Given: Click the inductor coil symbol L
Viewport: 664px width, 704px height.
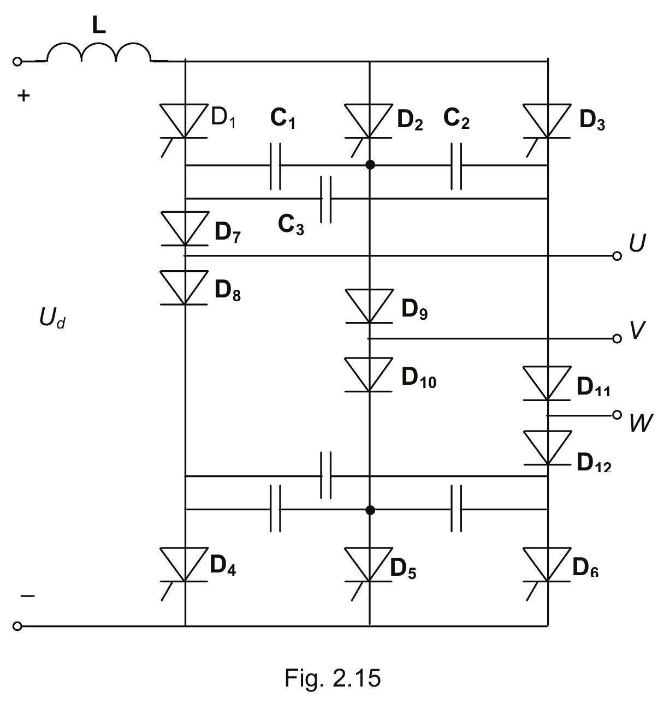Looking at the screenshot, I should coord(99,53).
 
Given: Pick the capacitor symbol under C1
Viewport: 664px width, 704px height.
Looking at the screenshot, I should coord(276,165).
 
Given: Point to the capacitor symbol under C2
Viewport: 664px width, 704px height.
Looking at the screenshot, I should coord(456,165).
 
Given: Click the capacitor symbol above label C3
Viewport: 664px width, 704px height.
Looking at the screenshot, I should coord(325,199).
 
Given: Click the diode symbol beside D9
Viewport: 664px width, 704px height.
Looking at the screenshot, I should coord(370,306).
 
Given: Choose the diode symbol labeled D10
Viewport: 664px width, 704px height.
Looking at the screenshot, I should coord(370,374).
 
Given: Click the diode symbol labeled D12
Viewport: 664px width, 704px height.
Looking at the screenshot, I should coord(548,448).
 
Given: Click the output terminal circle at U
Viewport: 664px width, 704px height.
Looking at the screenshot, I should coord(617,255).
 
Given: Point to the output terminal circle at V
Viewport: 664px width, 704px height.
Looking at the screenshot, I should coord(617,339).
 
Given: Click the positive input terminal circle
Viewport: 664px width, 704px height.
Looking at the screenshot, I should coord(17,62).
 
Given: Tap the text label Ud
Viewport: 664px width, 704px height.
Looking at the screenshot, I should coord(52,318).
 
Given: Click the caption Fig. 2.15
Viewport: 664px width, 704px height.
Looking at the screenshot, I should coord(332,678).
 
